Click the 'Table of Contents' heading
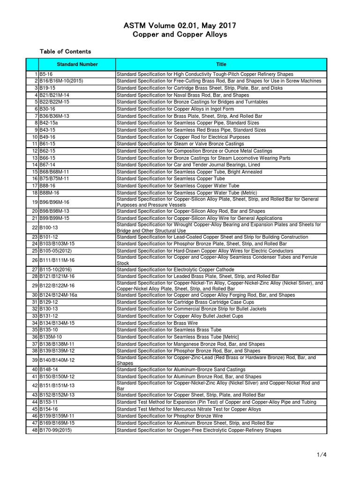pos(65,52)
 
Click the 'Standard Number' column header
pos(77,64)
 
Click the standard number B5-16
pos(47,74)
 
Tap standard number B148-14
pos(50,370)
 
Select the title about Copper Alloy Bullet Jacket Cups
pos(180,316)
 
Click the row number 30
pos(35,295)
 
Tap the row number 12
pos(35,151)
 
